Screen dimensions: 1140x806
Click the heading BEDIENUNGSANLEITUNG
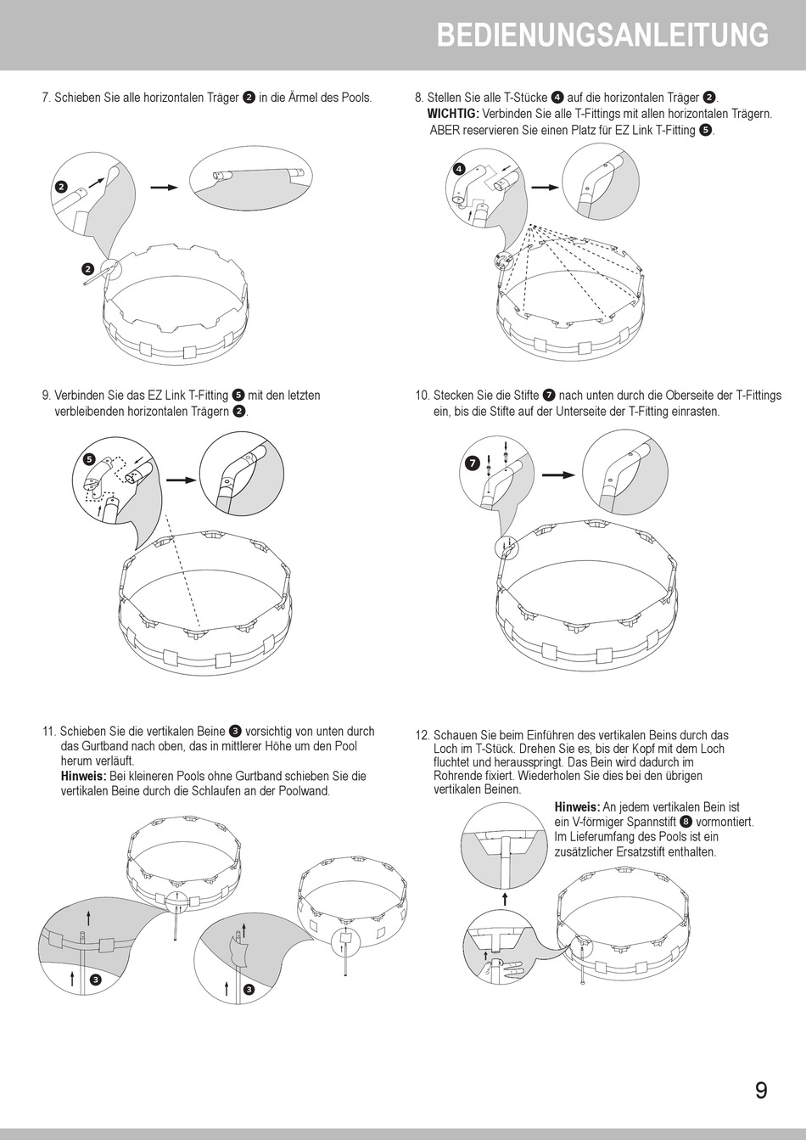click(x=602, y=36)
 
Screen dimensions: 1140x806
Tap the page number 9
click(x=761, y=1091)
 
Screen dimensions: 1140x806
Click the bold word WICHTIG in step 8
click(x=452, y=114)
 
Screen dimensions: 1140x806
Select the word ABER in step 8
click(x=444, y=130)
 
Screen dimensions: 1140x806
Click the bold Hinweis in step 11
click(x=83, y=776)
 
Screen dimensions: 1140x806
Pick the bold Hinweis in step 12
click(x=577, y=806)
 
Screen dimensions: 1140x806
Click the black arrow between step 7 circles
click(x=163, y=187)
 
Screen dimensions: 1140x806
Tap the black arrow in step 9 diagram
click(x=180, y=480)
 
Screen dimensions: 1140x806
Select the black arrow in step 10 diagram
click(x=557, y=475)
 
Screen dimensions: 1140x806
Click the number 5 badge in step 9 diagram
click(x=88, y=458)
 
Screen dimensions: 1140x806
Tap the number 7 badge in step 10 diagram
click(x=472, y=463)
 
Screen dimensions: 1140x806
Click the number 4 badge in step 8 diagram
click(x=459, y=168)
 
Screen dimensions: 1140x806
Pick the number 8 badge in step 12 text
click(x=686, y=822)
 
